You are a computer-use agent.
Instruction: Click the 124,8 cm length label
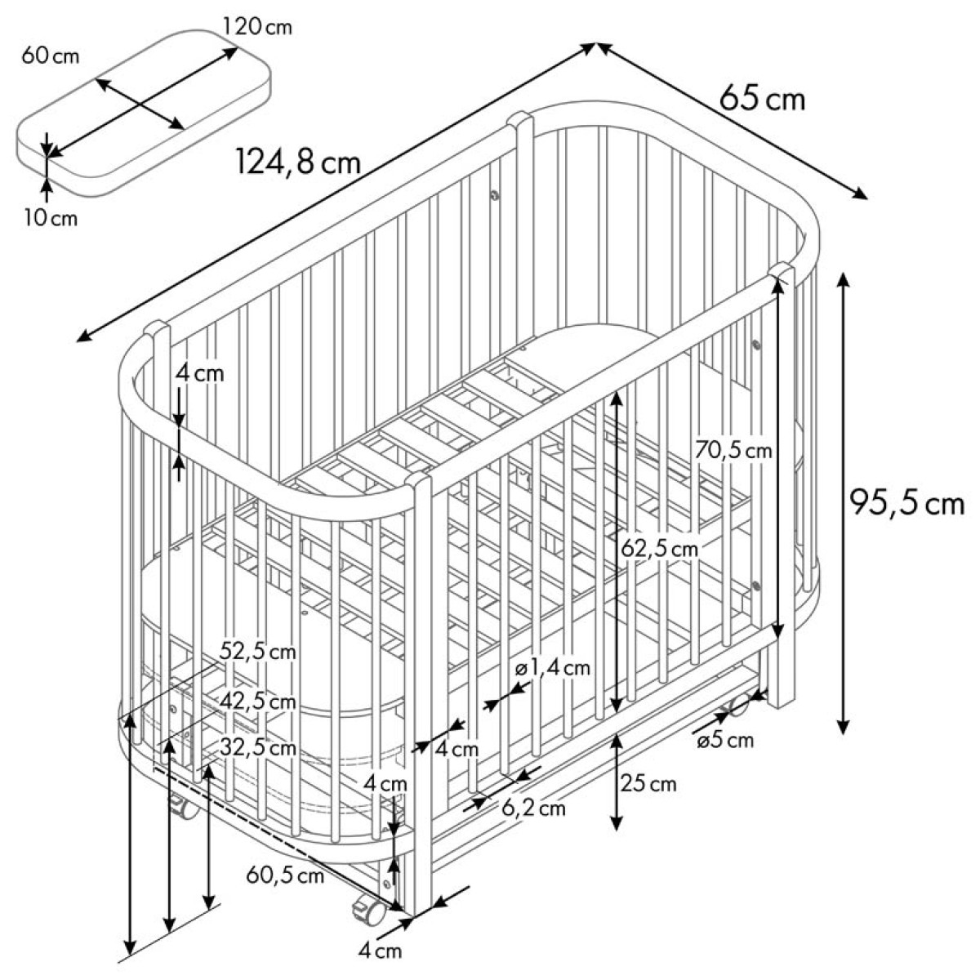(299, 163)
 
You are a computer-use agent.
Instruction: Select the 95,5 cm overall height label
(907, 504)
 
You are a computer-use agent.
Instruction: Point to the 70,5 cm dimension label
(733, 451)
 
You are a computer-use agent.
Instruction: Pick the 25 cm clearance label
(648, 784)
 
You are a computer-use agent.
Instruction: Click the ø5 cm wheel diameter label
(725, 740)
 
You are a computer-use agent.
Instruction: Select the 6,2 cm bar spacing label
(534, 808)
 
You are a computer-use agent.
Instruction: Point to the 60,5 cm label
(285, 875)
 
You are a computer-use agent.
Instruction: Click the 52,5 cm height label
(258, 652)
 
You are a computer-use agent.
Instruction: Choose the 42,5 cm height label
(258, 702)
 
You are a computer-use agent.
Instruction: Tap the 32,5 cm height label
(258, 747)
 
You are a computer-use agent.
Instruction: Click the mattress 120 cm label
(257, 26)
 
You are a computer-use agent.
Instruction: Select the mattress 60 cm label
(51, 56)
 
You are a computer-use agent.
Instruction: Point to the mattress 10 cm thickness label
(51, 218)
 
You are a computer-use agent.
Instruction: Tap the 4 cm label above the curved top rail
(199, 374)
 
